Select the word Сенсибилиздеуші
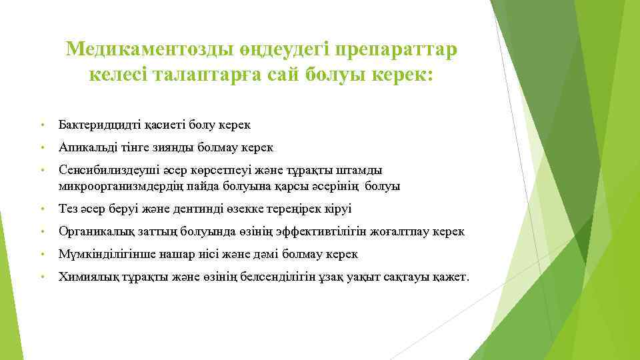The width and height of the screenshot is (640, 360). pyautogui.click(x=103, y=170)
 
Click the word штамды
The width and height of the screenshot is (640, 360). pyautogui.click(x=360, y=170)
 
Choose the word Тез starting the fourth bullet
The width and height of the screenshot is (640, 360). pyautogui.click(x=68, y=209)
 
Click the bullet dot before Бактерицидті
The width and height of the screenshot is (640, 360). pyautogui.click(x=42, y=125)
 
